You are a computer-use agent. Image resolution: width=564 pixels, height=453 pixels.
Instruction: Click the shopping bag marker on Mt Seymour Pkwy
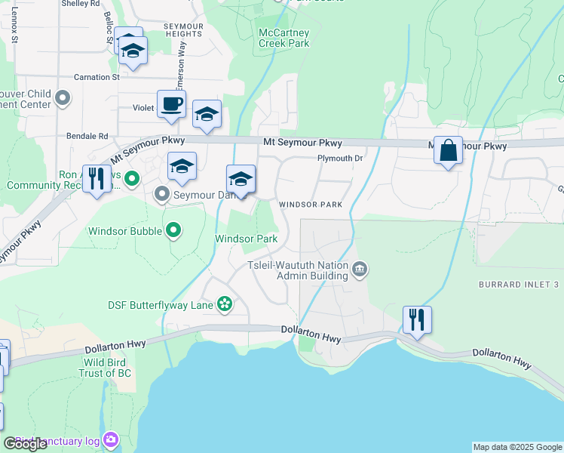(x=448, y=151)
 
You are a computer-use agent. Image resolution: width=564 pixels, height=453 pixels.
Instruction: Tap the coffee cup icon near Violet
(x=171, y=105)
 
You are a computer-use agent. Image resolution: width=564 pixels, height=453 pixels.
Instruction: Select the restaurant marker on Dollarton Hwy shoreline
(x=417, y=319)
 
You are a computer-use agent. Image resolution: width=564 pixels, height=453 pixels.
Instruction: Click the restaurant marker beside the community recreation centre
(x=96, y=180)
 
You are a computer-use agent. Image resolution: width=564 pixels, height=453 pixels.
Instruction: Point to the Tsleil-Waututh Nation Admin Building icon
(x=360, y=269)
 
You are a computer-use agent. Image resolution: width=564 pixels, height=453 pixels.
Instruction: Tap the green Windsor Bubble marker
(x=174, y=230)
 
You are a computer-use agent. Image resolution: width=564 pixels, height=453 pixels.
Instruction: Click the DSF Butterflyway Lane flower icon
(x=224, y=304)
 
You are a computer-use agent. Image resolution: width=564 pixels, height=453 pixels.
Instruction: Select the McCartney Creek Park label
(x=284, y=38)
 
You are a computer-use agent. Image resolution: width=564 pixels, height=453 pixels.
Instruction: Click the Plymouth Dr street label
(x=340, y=159)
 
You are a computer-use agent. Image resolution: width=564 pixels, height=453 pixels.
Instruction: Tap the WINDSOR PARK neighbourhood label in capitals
(x=311, y=205)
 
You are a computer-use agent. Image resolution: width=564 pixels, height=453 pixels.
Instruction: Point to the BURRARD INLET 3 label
(x=518, y=284)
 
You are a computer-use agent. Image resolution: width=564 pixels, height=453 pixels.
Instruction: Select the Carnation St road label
(x=97, y=77)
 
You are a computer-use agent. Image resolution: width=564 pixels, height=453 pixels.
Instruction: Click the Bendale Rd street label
(x=93, y=137)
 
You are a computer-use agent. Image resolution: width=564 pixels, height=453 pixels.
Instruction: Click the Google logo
(x=25, y=444)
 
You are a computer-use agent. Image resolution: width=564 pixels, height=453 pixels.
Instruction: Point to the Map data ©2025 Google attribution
(x=517, y=447)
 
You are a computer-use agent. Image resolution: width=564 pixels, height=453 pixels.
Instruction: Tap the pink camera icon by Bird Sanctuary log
(x=112, y=439)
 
